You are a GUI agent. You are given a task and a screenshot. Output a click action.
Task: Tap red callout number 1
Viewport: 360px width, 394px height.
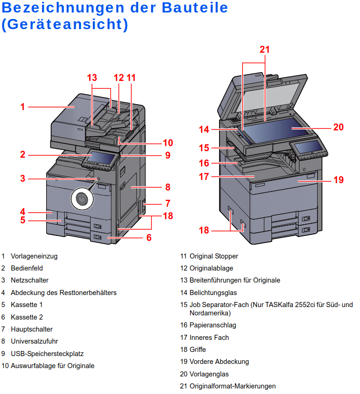[x=22, y=107]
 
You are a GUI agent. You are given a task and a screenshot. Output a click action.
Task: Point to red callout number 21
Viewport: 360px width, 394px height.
[x=264, y=49]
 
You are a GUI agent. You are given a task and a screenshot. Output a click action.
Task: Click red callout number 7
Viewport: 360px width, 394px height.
[x=168, y=203]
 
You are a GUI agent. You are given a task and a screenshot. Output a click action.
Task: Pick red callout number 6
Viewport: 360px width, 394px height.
[x=149, y=238]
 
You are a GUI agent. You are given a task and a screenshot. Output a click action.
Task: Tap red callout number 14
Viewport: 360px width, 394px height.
[x=204, y=129]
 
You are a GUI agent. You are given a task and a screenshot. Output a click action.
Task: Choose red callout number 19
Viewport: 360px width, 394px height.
[x=339, y=179]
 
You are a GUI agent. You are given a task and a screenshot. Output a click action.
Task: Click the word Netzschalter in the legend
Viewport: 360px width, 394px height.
[x=30, y=280]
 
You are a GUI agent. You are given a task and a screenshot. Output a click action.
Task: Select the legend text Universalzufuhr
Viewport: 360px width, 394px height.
[x=34, y=341]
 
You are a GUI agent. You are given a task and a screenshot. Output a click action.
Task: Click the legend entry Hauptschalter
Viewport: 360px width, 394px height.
[x=32, y=329]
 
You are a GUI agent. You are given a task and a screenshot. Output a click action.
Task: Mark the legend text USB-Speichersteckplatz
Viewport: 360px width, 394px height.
[x=47, y=354]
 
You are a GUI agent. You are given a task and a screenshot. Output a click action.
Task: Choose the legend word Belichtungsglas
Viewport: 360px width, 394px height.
[x=213, y=292]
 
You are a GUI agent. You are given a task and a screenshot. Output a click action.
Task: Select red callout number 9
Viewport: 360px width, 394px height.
[x=168, y=155]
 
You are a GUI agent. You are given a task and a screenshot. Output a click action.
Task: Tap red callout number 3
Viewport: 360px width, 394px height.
[x=22, y=178]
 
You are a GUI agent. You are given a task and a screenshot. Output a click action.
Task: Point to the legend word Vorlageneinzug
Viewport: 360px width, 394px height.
[x=34, y=256]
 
